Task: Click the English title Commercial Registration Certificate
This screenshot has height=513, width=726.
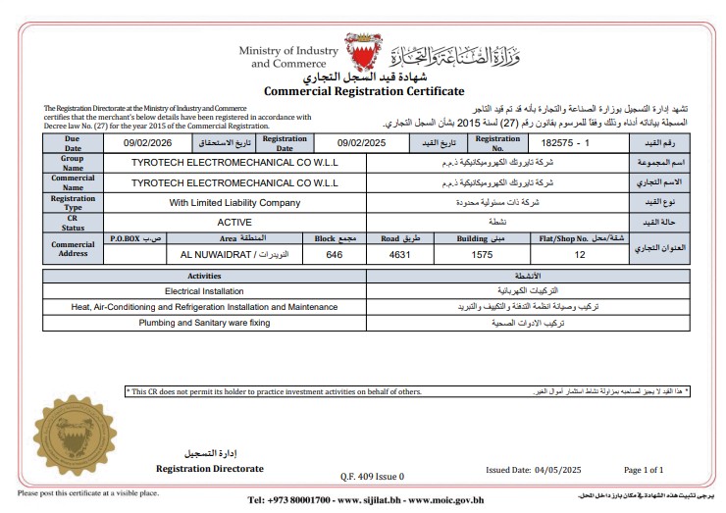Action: point(364,91)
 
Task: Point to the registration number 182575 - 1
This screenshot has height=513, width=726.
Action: point(574,143)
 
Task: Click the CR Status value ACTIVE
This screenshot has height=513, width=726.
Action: point(234,223)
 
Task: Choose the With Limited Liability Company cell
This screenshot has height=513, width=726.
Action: point(234,203)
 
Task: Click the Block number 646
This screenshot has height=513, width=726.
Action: point(335,254)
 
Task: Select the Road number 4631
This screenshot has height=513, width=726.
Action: point(396,254)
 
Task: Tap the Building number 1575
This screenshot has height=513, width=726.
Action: point(481,254)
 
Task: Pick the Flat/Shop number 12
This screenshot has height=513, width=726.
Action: point(580,254)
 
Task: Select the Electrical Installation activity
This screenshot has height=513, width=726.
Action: point(204,291)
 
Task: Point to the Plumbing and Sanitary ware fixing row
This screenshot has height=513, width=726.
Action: point(204,322)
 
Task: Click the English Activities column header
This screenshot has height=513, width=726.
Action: point(204,277)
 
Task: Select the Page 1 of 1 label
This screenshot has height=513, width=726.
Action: point(644,470)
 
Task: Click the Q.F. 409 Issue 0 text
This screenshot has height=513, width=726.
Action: point(372,476)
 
